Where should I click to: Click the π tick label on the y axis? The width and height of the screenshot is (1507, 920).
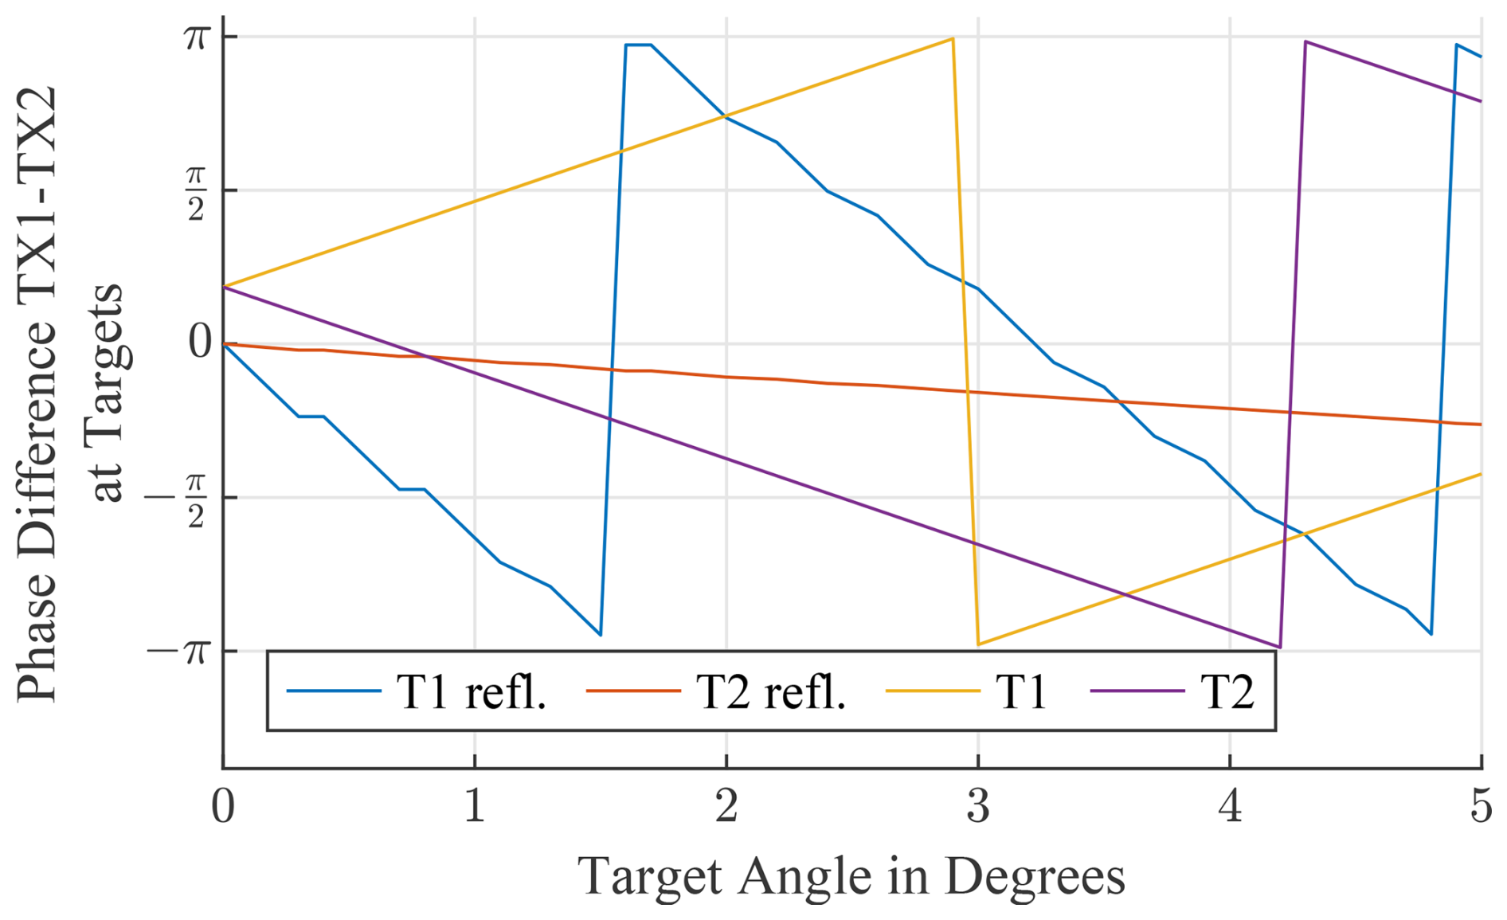coord(196,37)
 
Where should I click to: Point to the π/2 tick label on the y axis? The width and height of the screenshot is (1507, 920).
coord(196,192)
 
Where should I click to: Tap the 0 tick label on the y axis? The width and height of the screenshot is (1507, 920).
coord(201,342)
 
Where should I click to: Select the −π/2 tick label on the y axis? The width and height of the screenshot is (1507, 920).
coord(177,499)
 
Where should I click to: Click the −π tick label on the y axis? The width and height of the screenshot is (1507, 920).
coord(178,652)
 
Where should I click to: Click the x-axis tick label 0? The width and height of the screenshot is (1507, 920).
coord(223,806)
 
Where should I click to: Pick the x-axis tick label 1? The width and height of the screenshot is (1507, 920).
coord(475,806)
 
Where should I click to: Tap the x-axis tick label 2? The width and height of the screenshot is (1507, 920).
coord(726,806)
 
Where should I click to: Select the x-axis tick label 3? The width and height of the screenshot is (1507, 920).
coord(978,806)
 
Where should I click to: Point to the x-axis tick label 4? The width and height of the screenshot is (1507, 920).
coord(1230,806)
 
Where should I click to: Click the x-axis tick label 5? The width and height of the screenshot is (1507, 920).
coord(1481,806)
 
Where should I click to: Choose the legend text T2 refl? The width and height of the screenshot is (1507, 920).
coord(771,691)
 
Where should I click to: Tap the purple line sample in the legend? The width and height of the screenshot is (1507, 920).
coord(1137,691)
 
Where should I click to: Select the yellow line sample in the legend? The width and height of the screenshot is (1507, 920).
coord(933,691)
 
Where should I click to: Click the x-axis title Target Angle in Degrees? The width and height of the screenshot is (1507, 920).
coord(851,876)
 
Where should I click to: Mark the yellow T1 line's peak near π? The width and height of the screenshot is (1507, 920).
coord(953,38)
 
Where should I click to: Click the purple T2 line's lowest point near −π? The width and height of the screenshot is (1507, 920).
coord(1279,647)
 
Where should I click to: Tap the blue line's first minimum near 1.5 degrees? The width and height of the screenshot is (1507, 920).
coord(600,635)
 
